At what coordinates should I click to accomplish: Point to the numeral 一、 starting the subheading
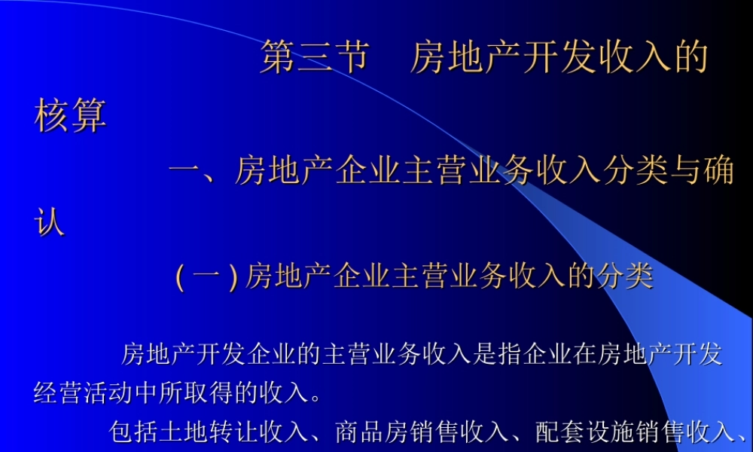pyautogui.click(x=194, y=171)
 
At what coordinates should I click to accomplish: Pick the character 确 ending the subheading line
pyautogui.click(x=718, y=171)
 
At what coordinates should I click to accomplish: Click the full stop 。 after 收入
pyautogui.click(x=316, y=393)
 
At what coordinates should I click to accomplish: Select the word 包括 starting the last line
pyautogui.click(x=133, y=432)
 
